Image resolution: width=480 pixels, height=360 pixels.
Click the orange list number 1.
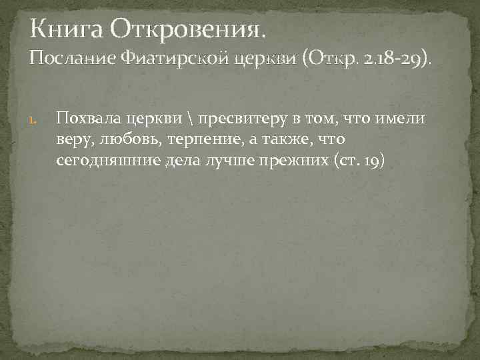point(39,121)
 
